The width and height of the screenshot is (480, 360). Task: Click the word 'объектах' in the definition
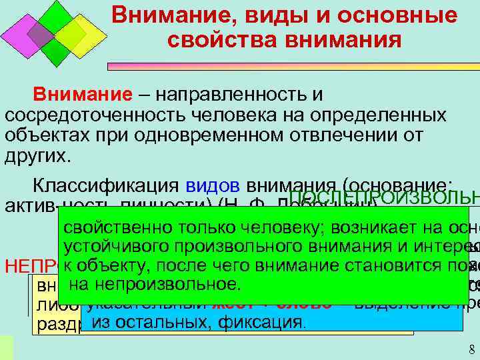[x=40, y=135]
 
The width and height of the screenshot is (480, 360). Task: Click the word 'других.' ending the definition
[x=36, y=155]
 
